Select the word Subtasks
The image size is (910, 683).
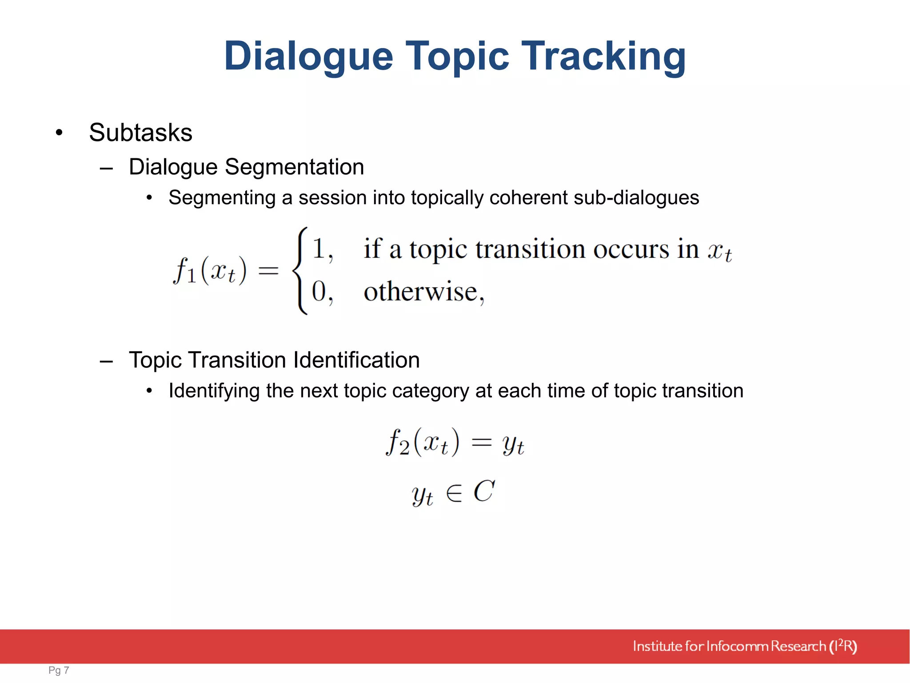point(140,133)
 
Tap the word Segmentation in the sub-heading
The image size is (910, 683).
point(294,167)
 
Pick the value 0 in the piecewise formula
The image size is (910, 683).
point(319,292)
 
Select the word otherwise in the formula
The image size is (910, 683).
point(420,292)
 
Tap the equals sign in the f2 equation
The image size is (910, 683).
point(481,442)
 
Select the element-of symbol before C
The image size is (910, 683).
point(454,493)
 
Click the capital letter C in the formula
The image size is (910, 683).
point(484,491)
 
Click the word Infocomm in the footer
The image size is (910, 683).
point(737,646)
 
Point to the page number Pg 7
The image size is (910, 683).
point(59,670)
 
